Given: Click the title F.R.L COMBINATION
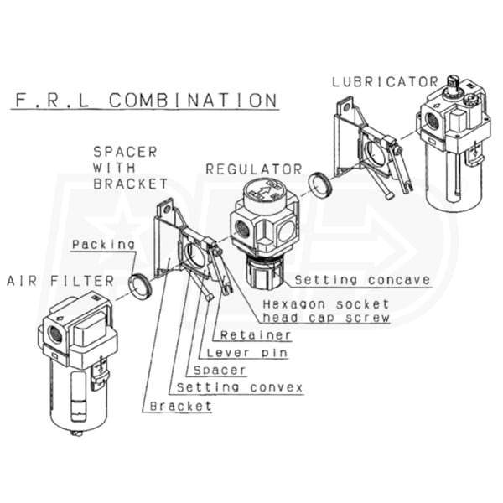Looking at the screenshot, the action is [146, 100].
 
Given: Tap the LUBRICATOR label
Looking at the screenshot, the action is [386, 82].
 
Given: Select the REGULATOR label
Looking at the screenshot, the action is [254, 169].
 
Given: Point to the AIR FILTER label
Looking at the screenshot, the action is [60, 281].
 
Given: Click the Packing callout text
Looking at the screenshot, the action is [103, 245].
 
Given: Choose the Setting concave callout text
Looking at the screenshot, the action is [362, 280].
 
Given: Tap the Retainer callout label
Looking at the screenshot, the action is [256, 335].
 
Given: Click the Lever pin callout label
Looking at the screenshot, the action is [246, 353].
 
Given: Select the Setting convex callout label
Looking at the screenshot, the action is [240, 387].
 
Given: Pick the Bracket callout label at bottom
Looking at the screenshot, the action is [181, 406].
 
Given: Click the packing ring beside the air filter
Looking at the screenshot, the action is [139, 286].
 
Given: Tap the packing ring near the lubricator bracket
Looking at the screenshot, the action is [319, 184].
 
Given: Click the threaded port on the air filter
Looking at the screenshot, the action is [54, 334].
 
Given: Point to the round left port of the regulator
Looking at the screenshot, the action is [241, 229].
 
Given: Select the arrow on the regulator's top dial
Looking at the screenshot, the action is [263, 191].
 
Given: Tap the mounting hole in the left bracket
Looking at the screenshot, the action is [167, 210].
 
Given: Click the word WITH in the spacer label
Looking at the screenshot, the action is [114, 168].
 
